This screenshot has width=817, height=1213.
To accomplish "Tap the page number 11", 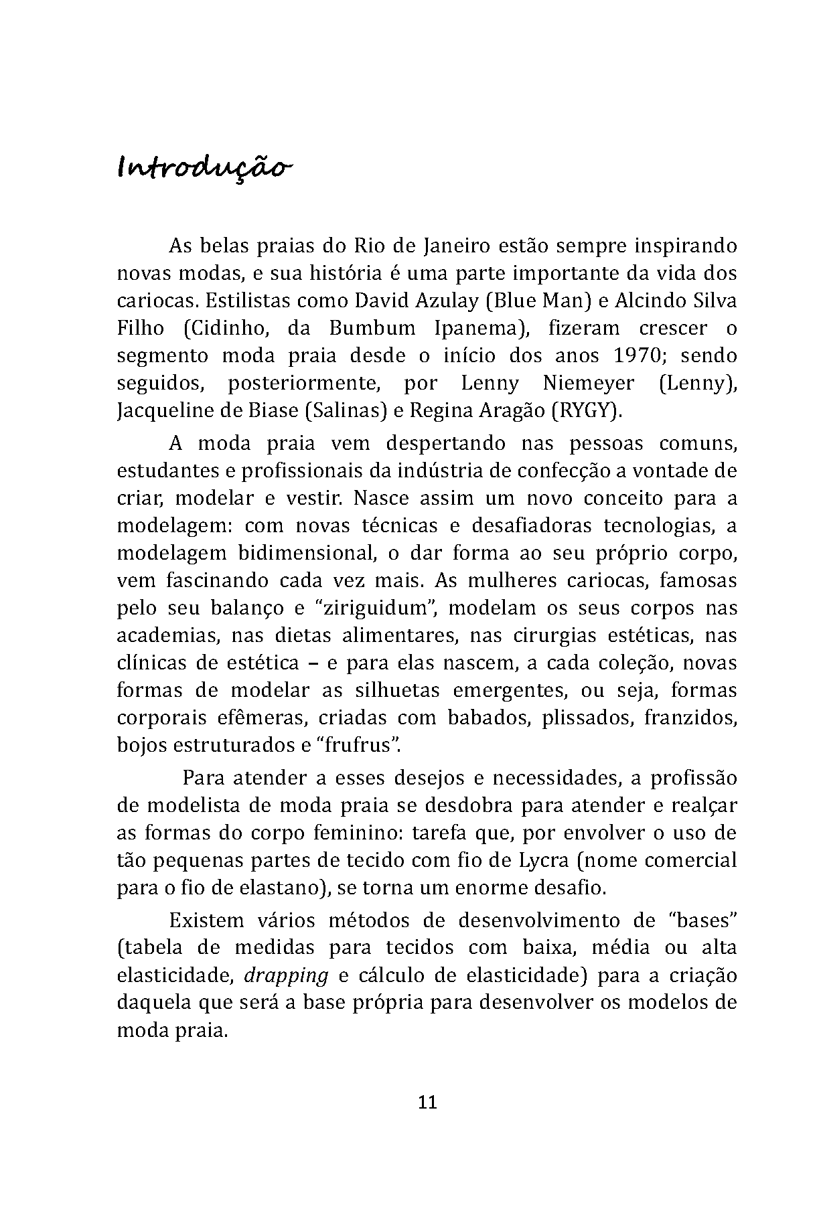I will tap(427, 1103).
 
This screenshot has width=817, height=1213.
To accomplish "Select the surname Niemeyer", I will tap(589, 383).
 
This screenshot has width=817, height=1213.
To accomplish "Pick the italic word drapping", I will tap(286, 975).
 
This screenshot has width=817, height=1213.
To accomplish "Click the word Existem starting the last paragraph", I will tap(207, 920).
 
